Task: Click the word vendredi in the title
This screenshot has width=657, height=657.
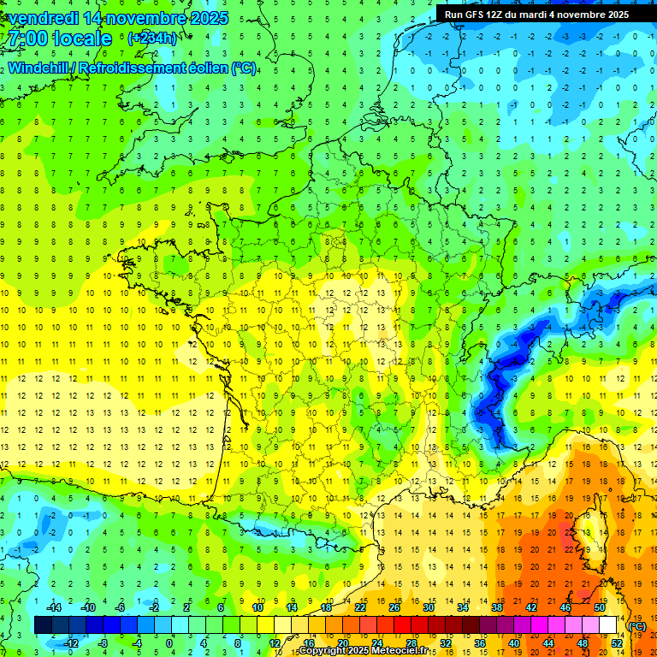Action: pos(43,18)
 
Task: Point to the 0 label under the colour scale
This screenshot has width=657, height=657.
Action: pos(169,643)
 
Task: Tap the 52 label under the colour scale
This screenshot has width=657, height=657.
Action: pos(616,643)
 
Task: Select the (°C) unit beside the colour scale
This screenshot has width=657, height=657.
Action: pos(637,626)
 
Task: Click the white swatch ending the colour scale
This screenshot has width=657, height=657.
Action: pos(607,625)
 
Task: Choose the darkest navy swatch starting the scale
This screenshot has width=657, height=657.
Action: pos(43,625)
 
